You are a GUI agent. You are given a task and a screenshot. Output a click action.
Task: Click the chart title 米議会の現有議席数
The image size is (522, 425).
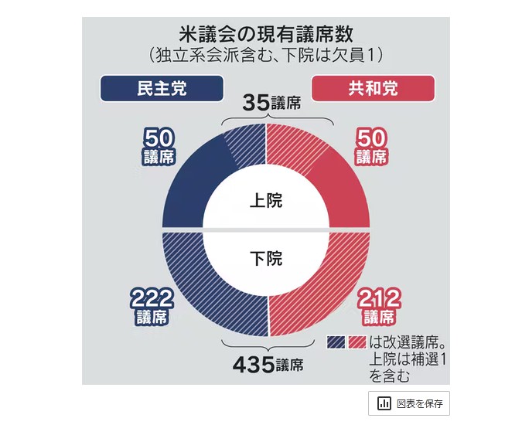(x=266, y=35)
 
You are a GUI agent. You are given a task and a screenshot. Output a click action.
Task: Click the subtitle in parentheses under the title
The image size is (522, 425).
(x=266, y=56)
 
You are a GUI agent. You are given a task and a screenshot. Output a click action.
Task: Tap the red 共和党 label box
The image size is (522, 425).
(x=373, y=88)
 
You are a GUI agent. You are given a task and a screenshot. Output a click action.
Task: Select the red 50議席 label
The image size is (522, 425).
(x=371, y=146)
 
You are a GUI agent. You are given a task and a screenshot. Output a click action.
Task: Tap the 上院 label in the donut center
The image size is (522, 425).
(x=266, y=201)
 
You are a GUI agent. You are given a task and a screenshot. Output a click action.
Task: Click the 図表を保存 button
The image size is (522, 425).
(x=409, y=403)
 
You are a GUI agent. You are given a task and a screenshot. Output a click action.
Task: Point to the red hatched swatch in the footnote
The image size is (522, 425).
(x=357, y=342)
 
